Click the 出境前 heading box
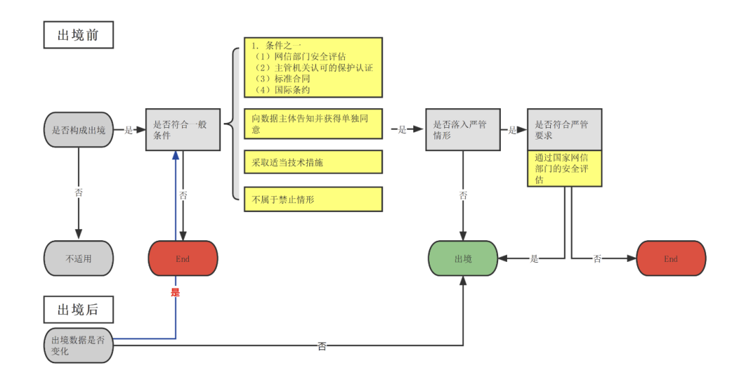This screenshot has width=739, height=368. click(x=78, y=35)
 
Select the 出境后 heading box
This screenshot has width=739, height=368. click(x=78, y=309)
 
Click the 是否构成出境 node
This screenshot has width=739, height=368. click(x=79, y=130)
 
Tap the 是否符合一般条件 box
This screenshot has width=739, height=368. click(x=182, y=130)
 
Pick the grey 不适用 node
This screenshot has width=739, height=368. click(x=79, y=259)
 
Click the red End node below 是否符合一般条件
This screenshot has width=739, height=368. click(x=183, y=259)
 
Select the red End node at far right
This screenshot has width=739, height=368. click(x=671, y=259)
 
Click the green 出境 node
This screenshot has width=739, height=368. click(x=463, y=259)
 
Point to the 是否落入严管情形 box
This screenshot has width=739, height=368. click(x=463, y=130)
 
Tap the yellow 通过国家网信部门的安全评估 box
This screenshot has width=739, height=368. click(x=565, y=168)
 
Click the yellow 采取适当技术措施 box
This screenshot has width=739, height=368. click(x=313, y=162)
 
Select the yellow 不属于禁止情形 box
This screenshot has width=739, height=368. click(x=313, y=199)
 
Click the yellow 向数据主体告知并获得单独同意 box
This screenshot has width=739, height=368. click(x=313, y=123)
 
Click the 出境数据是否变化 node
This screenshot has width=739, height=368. click(x=79, y=345)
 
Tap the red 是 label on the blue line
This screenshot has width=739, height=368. click(x=175, y=292)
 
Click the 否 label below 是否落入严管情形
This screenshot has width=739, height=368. click(x=463, y=196)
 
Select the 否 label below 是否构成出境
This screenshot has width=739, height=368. click(x=79, y=193)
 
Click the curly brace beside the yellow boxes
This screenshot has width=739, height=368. click(x=235, y=123)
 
